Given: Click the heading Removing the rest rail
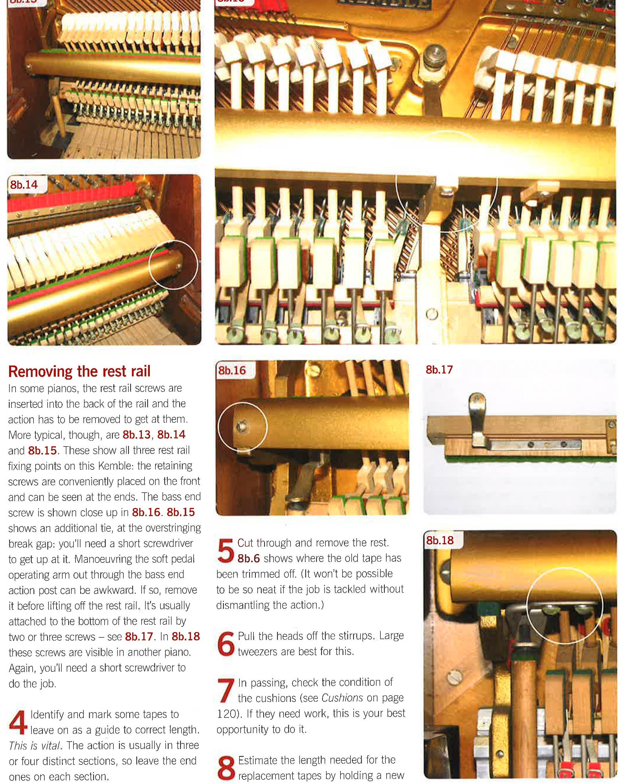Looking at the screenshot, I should pyautogui.click(x=79, y=371).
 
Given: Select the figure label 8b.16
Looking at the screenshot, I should pyautogui.click(x=232, y=371).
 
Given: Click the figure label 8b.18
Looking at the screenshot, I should pyautogui.click(x=440, y=540).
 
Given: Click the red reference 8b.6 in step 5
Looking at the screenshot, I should pyautogui.click(x=249, y=558).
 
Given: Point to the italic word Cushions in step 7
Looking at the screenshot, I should pyautogui.click(x=342, y=698).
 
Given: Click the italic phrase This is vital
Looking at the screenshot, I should pyautogui.click(x=35, y=746).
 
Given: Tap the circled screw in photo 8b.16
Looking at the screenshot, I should pyautogui.click(x=242, y=426).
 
